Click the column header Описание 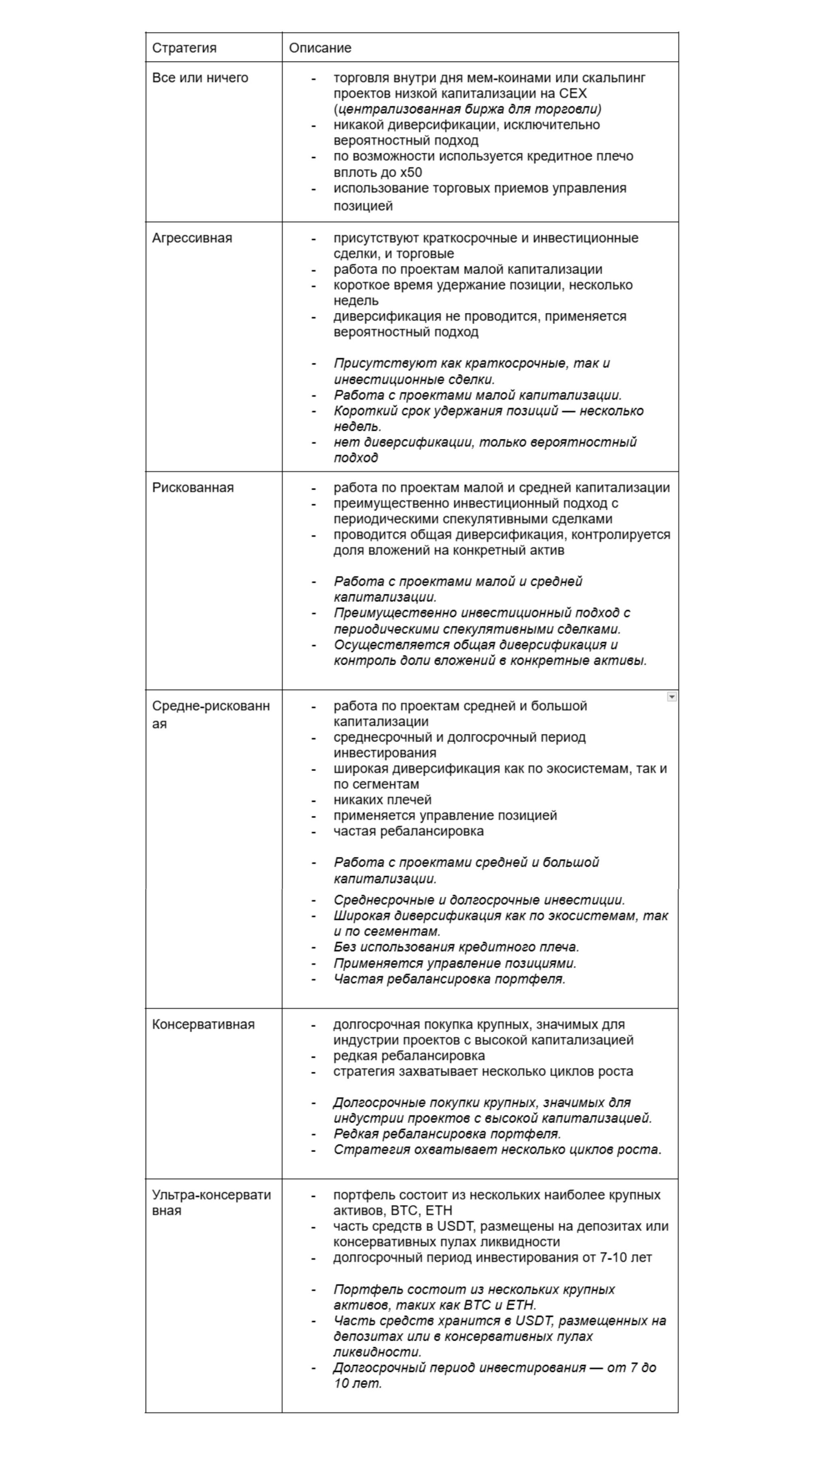click(x=320, y=48)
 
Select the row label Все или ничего click(x=200, y=77)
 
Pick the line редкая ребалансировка click(x=409, y=1056)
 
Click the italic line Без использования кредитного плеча click(x=456, y=947)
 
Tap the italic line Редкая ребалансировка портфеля click(x=447, y=1133)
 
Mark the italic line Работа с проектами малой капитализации click(x=477, y=395)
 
